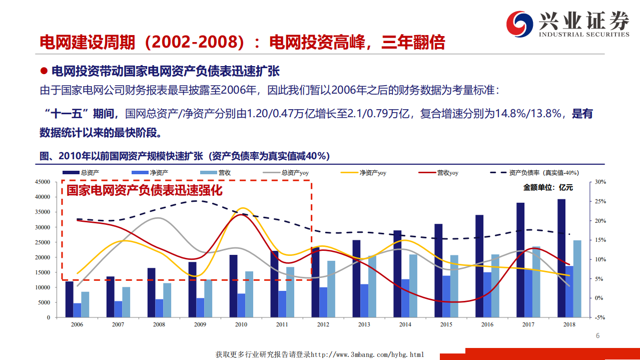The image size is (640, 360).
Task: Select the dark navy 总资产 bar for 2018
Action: click(x=561, y=258)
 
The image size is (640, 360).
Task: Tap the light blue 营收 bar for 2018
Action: click(x=577, y=278)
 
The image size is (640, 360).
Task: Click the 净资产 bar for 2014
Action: click(x=405, y=298)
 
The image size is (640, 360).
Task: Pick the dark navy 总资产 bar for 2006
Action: click(x=70, y=299)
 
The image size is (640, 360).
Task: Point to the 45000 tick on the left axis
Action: click(x=43, y=182)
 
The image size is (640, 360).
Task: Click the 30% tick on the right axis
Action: click(x=601, y=182)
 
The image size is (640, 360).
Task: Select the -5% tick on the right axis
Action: click(x=600, y=317)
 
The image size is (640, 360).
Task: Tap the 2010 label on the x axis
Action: click(x=241, y=324)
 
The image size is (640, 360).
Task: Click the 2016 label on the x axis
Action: click(x=487, y=324)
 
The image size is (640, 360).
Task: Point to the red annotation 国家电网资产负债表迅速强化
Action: click(x=144, y=190)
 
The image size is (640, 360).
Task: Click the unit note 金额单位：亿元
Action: click(x=548, y=188)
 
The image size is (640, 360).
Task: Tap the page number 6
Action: click(x=597, y=336)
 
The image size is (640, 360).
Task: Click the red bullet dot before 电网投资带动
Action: click(x=44, y=71)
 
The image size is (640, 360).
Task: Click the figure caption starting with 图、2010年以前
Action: click(x=184, y=156)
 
